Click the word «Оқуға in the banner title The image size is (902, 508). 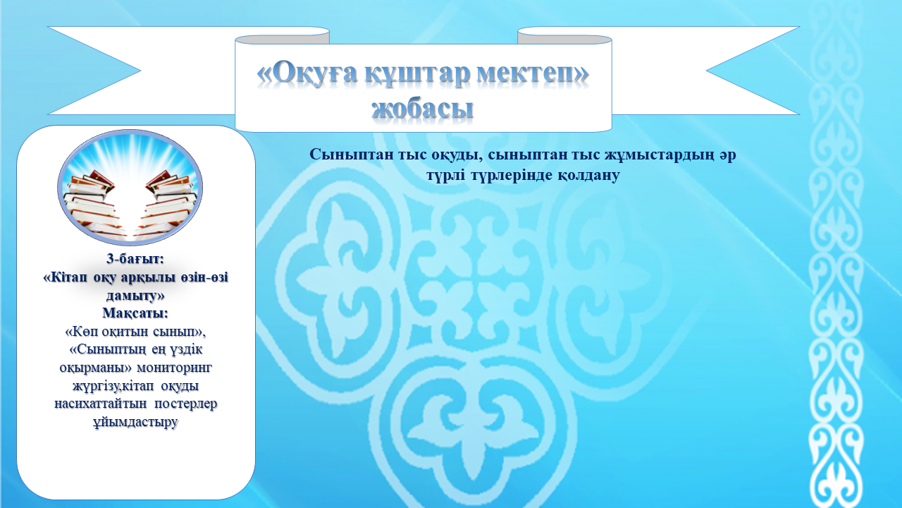point(307,75)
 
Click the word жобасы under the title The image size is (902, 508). point(422,108)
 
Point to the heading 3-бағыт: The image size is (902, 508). point(135,259)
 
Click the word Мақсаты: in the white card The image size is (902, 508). point(135,313)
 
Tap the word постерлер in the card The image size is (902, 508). point(185,404)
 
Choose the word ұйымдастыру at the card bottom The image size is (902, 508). point(135,422)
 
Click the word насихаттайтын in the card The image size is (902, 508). point(101,404)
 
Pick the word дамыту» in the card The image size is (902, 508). point(135,296)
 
